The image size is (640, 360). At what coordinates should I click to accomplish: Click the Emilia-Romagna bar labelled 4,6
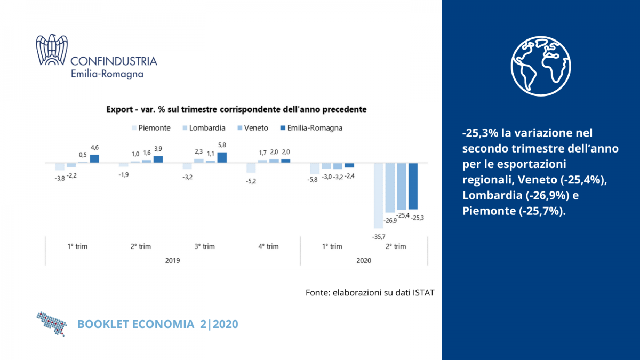(94, 158)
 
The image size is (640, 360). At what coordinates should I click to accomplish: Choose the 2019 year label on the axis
(172, 261)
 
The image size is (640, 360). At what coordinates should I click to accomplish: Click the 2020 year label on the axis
(363, 261)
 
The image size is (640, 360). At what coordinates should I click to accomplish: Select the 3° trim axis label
(204, 246)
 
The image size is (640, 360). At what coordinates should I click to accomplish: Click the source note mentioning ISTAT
(366, 293)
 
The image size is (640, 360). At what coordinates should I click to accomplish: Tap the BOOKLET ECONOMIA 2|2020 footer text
(158, 324)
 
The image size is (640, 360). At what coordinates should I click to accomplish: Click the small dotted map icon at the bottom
(51, 323)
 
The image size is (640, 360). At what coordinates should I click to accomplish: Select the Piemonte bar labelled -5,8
(314, 169)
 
